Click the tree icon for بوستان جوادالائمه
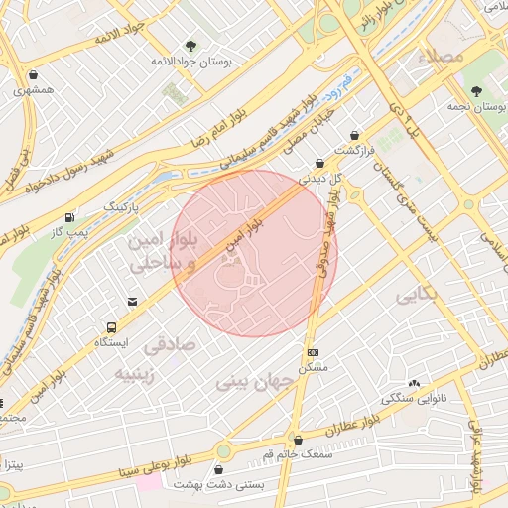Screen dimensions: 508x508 (190, 46)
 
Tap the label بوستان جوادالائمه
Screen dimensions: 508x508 (199, 62)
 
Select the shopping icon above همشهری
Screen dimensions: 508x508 (34, 74)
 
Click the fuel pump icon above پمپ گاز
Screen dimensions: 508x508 (68, 216)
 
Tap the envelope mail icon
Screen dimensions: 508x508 (132, 302)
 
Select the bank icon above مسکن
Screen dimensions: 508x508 (314, 351)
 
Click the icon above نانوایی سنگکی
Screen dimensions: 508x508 (413, 384)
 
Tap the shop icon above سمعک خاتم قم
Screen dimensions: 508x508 (298, 440)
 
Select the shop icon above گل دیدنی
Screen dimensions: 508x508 (318, 164)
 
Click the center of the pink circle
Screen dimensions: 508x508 (255, 253)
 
